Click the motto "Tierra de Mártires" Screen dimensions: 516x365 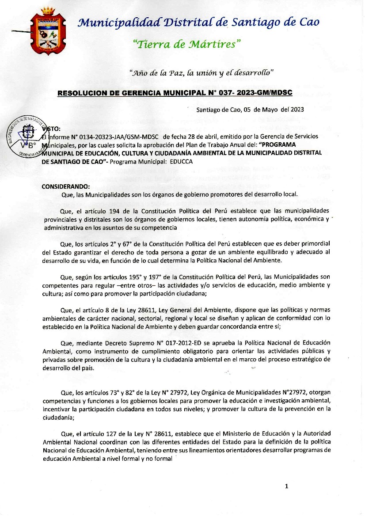pos(187,44)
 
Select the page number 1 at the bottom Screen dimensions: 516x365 pos(286,486)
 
